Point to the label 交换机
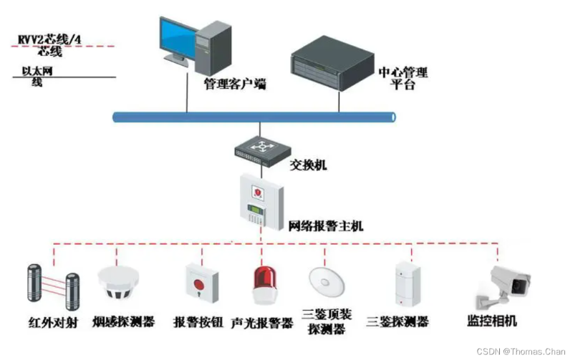[x=308, y=165]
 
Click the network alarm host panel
[x=261, y=201]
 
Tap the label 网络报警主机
[x=326, y=226]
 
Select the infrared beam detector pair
[x=51, y=283]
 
